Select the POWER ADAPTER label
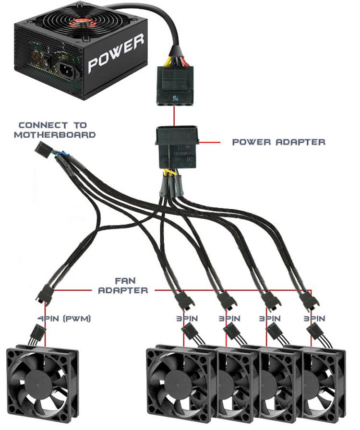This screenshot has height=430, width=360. pos(278,142)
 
